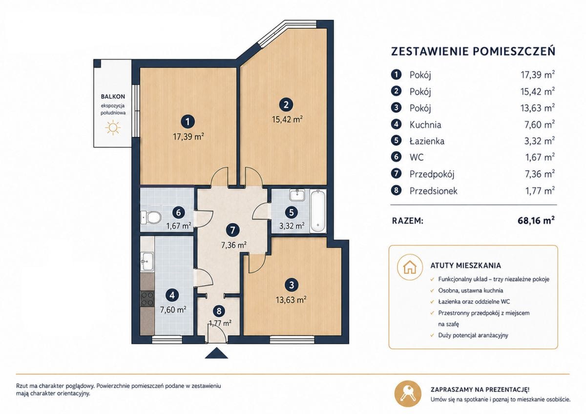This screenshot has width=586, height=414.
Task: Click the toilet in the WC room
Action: point(151,218)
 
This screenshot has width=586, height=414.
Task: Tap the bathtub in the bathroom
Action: point(317,211)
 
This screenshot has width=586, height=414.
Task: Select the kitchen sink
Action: point(147,261)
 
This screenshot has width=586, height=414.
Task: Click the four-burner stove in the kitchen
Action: point(147,299)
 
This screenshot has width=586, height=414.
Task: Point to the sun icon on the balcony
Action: point(113,128)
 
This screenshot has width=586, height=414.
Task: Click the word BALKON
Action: point(113,97)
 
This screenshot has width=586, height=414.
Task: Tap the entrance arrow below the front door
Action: point(216,353)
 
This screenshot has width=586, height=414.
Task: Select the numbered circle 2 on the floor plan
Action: point(286,104)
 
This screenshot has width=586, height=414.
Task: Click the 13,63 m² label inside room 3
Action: point(291,300)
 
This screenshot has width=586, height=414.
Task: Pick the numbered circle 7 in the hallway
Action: point(233,230)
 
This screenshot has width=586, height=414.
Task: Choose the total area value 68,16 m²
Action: point(536,221)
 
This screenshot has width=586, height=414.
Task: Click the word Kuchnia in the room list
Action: point(425,125)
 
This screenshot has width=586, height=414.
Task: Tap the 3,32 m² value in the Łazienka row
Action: point(540,141)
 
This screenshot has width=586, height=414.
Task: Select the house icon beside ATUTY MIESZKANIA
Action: point(410,267)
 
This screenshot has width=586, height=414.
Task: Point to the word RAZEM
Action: point(408,221)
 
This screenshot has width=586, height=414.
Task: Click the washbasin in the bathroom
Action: point(297,196)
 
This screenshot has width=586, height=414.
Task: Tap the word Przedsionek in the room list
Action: point(434,191)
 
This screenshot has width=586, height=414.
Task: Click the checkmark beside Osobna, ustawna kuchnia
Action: point(432,290)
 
